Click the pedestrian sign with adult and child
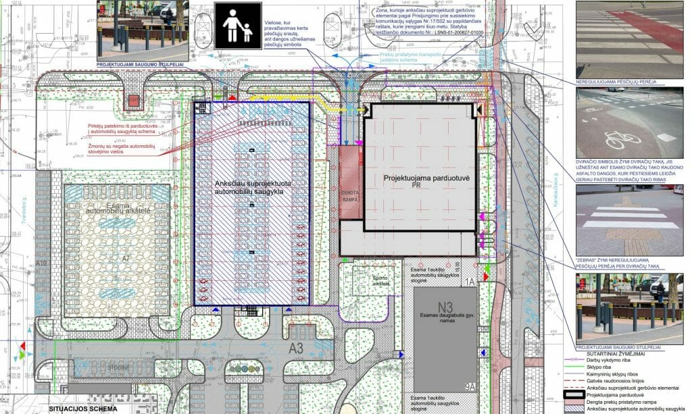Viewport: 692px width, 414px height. (x=239, y=26)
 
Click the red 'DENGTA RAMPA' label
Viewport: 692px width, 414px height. (x=349, y=195)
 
